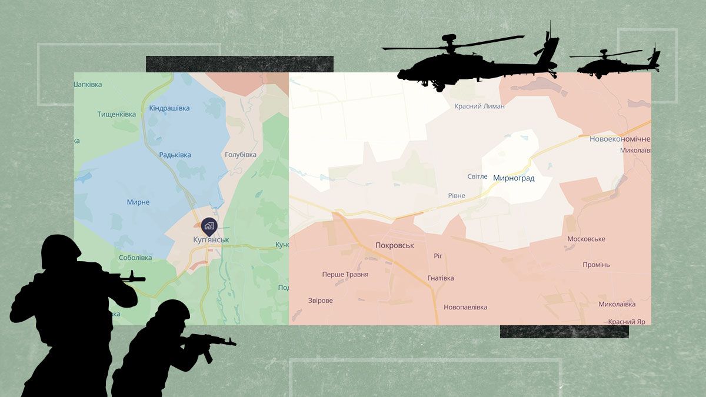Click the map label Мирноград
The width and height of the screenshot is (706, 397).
pos(514,178)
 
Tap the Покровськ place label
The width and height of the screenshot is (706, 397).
pos(395,245)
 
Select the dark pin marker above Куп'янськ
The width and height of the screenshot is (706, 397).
pos(209,225)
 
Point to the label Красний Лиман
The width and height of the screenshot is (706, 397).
pos(479,106)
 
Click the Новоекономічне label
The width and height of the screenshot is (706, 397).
pos(620,139)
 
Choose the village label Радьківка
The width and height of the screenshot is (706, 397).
pos(175,155)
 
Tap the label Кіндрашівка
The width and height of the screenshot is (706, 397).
pos(169,108)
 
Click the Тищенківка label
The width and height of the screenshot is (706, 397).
pos(116,115)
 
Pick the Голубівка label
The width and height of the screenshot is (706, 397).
pos(241,155)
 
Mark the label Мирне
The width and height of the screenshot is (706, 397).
pos(138,202)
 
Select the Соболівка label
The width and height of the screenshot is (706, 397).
pos(135,258)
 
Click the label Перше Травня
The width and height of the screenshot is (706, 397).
pos(345,275)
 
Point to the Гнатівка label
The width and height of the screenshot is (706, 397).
pos(441,278)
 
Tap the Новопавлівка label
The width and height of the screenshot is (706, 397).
pos(465,307)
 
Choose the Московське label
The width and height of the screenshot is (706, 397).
pos(586,239)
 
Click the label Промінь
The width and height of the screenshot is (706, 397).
pos(596,265)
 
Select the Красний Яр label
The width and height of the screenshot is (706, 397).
pos(627,322)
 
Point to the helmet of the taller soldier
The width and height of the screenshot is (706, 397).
pos(60,251)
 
